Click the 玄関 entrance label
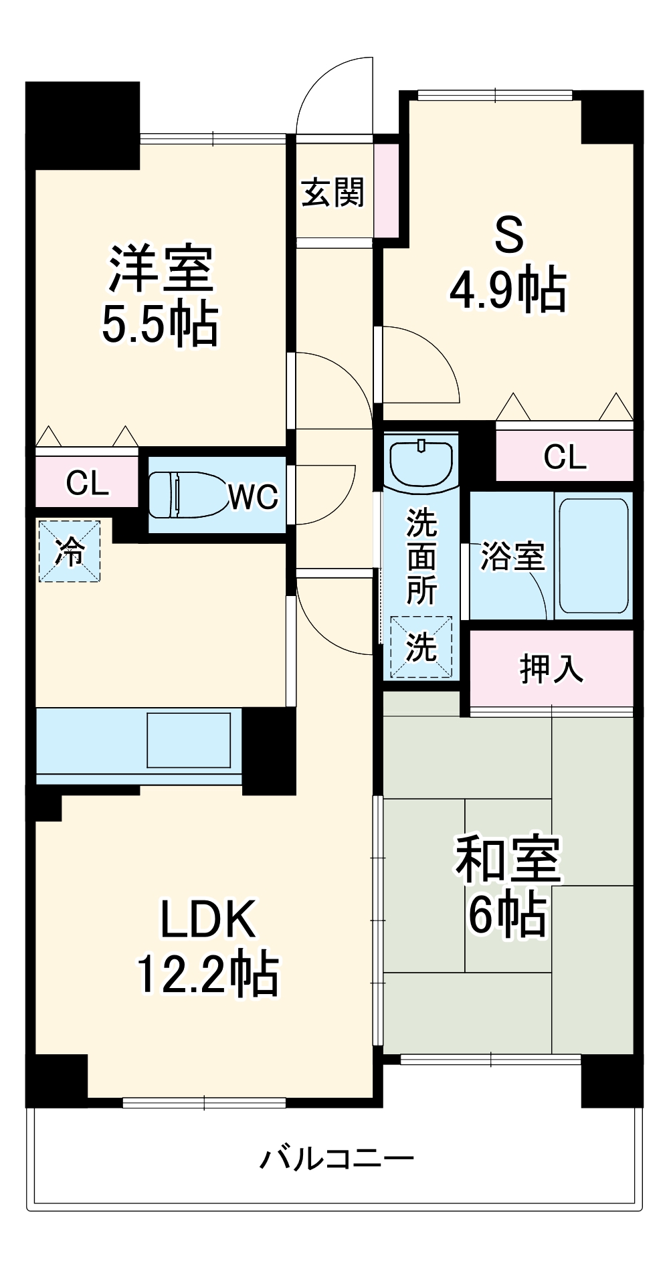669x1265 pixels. click(x=332, y=193)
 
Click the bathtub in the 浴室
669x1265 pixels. click(x=593, y=555)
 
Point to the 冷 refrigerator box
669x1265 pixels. click(x=69, y=551)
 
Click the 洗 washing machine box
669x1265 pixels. click(x=421, y=647)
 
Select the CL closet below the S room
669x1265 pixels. click(x=565, y=457)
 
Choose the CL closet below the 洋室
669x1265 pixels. click(x=87, y=482)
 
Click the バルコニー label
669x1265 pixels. click(x=337, y=1159)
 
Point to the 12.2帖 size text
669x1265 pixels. click(x=207, y=975)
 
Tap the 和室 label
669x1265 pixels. click(x=508, y=860)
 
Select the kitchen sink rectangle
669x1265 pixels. click(x=189, y=740)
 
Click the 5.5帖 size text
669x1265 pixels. click(x=160, y=324)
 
